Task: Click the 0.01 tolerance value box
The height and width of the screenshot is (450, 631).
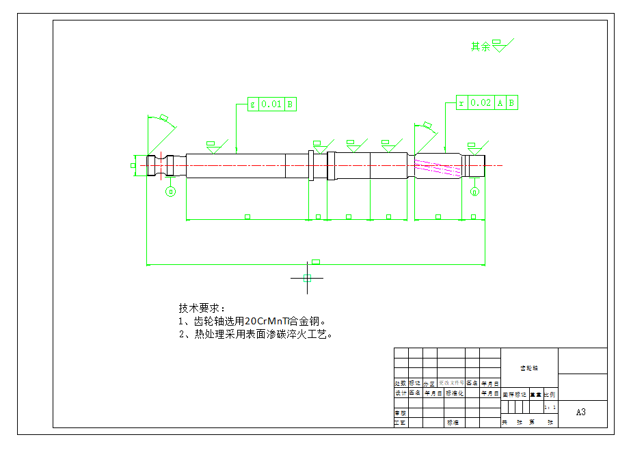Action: pos(271,104)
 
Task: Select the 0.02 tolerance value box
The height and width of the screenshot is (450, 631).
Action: pos(481,103)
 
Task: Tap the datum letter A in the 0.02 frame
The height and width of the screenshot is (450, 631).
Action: pos(500,103)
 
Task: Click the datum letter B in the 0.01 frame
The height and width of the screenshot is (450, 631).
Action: pos(290,104)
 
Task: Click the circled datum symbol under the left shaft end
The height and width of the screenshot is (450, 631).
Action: pos(171,191)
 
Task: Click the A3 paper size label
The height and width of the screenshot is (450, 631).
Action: pos(581,412)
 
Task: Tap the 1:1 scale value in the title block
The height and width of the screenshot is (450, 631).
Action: pos(550,407)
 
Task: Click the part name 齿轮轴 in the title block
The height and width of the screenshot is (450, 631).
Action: pos(529,368)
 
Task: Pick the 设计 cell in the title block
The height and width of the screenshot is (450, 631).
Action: pos(401,393)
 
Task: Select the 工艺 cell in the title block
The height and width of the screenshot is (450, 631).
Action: pos(401,423)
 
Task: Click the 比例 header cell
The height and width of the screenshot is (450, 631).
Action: pos(550,394)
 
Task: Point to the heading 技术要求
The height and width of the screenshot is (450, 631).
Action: pos(201,308)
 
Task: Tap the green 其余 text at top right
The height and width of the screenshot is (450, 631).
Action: pos(481,47)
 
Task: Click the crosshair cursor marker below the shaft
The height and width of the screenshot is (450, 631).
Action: pos(307,278)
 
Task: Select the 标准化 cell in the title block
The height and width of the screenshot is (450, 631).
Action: pos(455,393)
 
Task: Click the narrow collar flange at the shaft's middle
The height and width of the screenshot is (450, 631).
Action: pos(311,166)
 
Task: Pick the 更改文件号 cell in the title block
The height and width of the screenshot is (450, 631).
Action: pos(451,383)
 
